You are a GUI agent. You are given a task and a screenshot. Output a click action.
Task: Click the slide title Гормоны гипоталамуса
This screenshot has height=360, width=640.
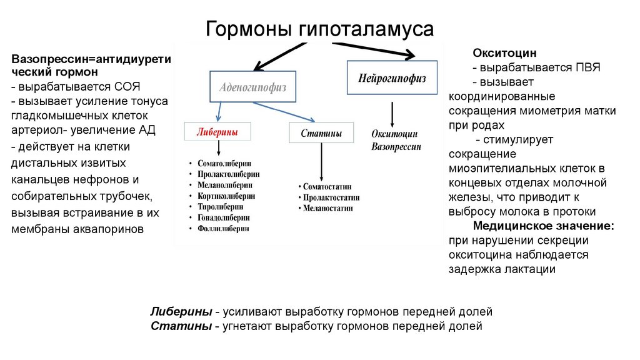coord(319,29)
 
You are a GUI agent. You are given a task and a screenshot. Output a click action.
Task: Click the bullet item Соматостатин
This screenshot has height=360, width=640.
coord(327,186)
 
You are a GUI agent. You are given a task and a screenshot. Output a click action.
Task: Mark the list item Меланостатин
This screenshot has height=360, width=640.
coord(327,207)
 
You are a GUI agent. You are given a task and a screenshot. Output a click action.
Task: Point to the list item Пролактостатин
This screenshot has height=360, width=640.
coord(329,197)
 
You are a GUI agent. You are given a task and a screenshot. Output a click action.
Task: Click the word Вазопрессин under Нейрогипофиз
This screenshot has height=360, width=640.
coord(396,147)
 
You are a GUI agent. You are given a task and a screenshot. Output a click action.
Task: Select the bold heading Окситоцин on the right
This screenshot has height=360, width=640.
coord(504,54)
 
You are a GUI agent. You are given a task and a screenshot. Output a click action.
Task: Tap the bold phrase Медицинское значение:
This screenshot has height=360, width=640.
coord(543,226)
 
